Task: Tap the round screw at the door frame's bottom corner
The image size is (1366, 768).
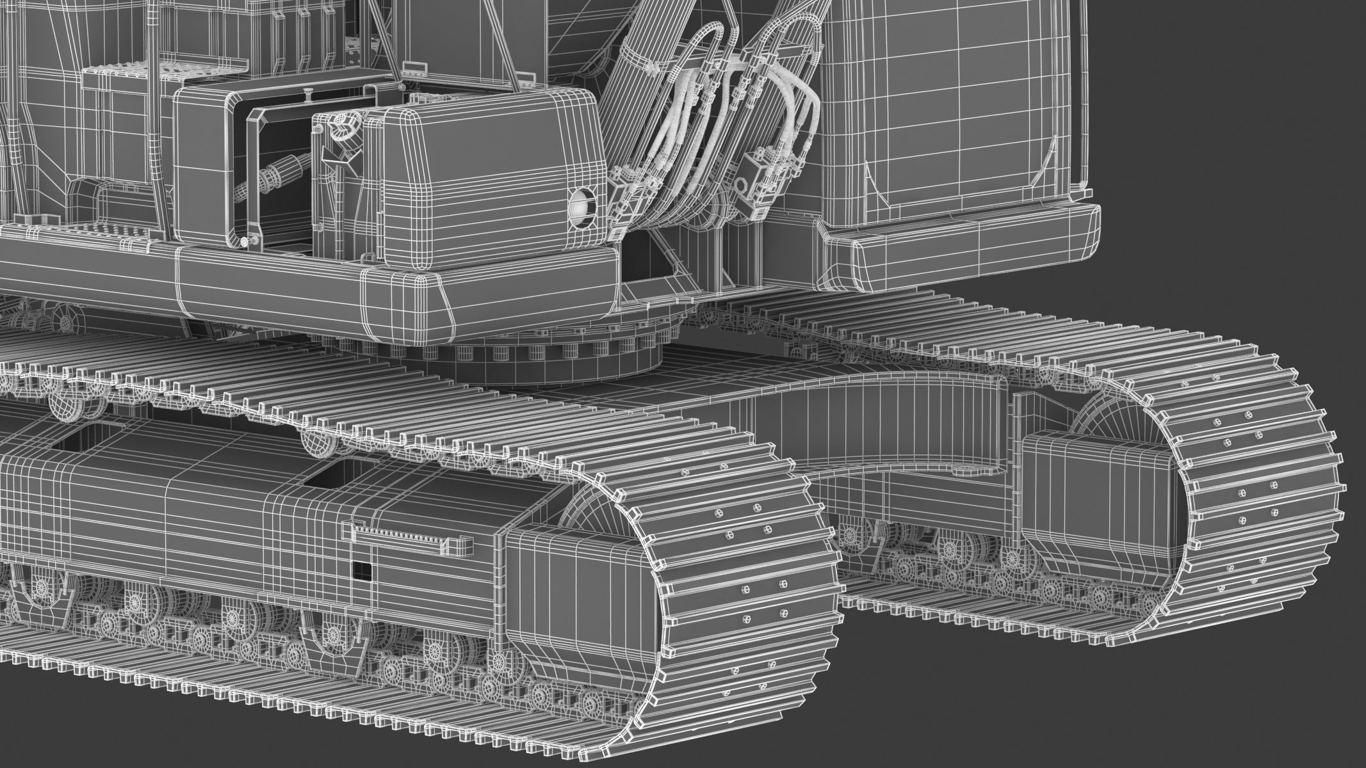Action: [245, 241]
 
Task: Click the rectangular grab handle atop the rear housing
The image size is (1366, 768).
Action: [415, 66]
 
